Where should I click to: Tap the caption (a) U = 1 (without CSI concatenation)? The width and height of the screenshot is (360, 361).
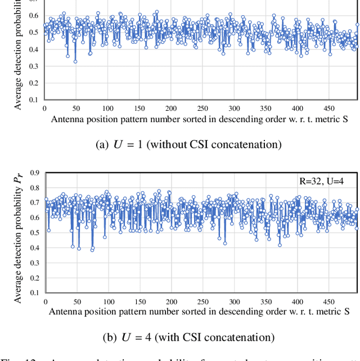tap(187, 145)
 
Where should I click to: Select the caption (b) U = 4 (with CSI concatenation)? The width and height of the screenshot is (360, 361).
tap(187, 337)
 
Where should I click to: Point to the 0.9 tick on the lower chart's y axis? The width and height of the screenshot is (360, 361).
tap(34, 172)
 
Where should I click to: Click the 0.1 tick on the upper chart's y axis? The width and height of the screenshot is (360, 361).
tap(34, 100)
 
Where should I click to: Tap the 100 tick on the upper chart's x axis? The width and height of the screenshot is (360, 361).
tap(107, 109)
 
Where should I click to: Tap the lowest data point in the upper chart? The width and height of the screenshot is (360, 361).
tap(75, 61)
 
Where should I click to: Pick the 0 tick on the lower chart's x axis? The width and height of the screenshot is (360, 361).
tap(46, 301)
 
